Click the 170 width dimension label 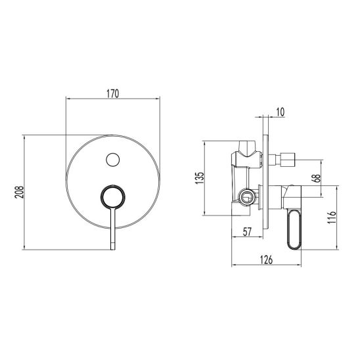[x=113, y=94]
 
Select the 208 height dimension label [x=19, y=192]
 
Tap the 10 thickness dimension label [x=280, y=112]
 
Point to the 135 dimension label [x=199, y=177]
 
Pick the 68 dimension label [x=316, y=178]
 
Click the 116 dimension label [x=332, y=217]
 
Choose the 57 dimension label [x=247, y=232]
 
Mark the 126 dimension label [x=266, y=259]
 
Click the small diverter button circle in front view [x=113, y=160]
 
